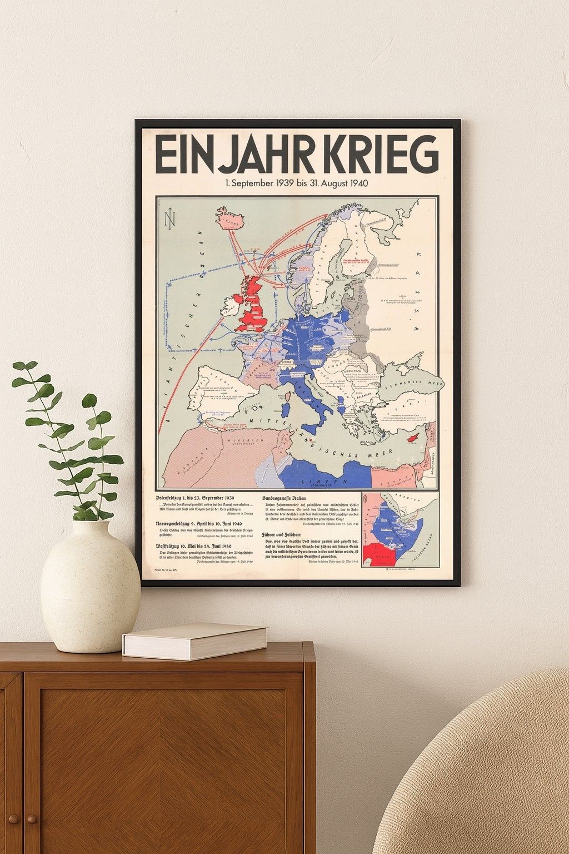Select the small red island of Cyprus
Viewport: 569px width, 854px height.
pos(412,438)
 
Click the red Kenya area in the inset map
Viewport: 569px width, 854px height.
pos(381,554)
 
